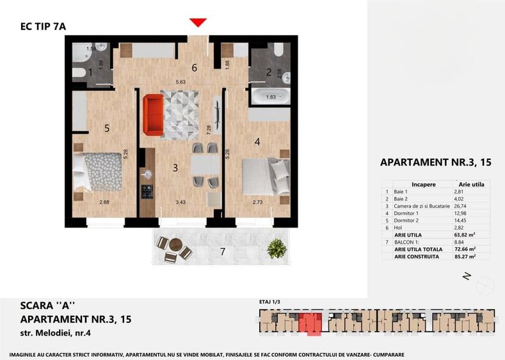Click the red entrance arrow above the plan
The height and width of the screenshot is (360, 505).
[198, 23]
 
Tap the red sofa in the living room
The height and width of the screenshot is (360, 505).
[153, 114]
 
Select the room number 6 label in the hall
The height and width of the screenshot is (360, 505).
[194, 67]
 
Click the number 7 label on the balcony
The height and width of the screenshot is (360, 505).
[223, 251]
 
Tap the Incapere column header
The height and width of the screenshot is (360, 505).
[424, 184]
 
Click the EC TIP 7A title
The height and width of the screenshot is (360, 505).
[43, 26]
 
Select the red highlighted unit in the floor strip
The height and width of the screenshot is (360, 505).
[310, 323]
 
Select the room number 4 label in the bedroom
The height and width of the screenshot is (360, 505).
[257, 142]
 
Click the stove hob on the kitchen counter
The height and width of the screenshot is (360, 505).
[147, 191]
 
